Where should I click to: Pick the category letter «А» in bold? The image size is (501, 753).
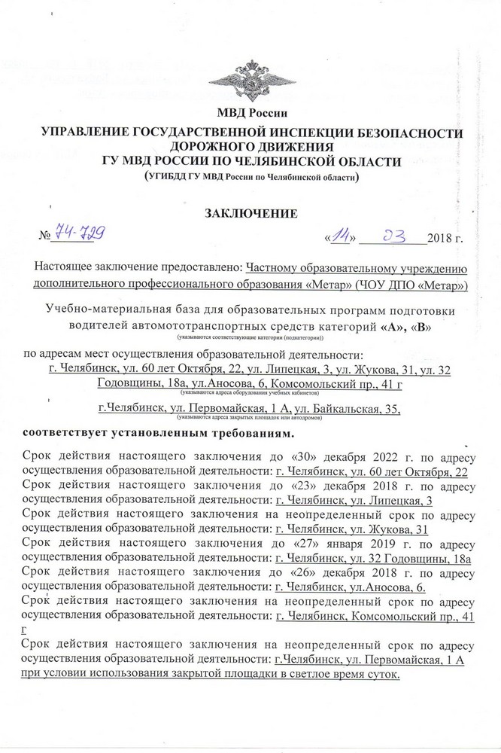(x=393, y=326)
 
